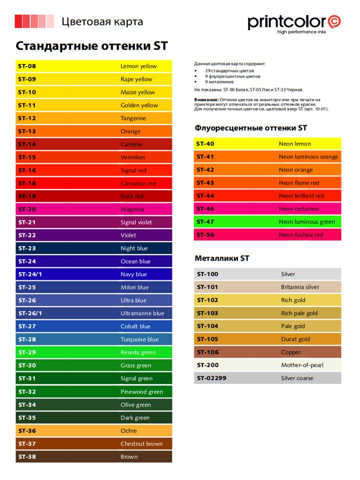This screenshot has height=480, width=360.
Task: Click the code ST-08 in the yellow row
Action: point(27,66)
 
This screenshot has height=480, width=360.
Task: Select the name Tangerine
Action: point(133,118)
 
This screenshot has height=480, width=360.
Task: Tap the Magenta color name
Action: point(132,209)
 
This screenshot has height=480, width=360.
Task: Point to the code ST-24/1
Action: point(30,274)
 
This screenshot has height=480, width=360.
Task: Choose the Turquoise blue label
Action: point(139,339)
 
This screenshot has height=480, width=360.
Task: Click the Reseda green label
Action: point(138,352)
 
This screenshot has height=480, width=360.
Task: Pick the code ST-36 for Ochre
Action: point(27,430)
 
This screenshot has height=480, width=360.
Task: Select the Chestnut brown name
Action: point(141,443)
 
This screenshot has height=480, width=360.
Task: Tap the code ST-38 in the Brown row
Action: point(27,456)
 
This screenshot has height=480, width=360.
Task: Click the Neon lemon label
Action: point(294,144)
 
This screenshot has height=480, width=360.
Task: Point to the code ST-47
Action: point(205,222)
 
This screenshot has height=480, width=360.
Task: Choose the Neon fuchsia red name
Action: point(300,235)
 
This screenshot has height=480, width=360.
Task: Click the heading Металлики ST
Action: point(221,258)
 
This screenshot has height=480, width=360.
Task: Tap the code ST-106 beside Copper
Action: point(207,352)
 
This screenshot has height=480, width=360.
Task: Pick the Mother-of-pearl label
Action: point(302,365)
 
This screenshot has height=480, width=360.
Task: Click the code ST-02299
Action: point(211,378)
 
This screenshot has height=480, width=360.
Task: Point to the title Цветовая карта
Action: point(102,22)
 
